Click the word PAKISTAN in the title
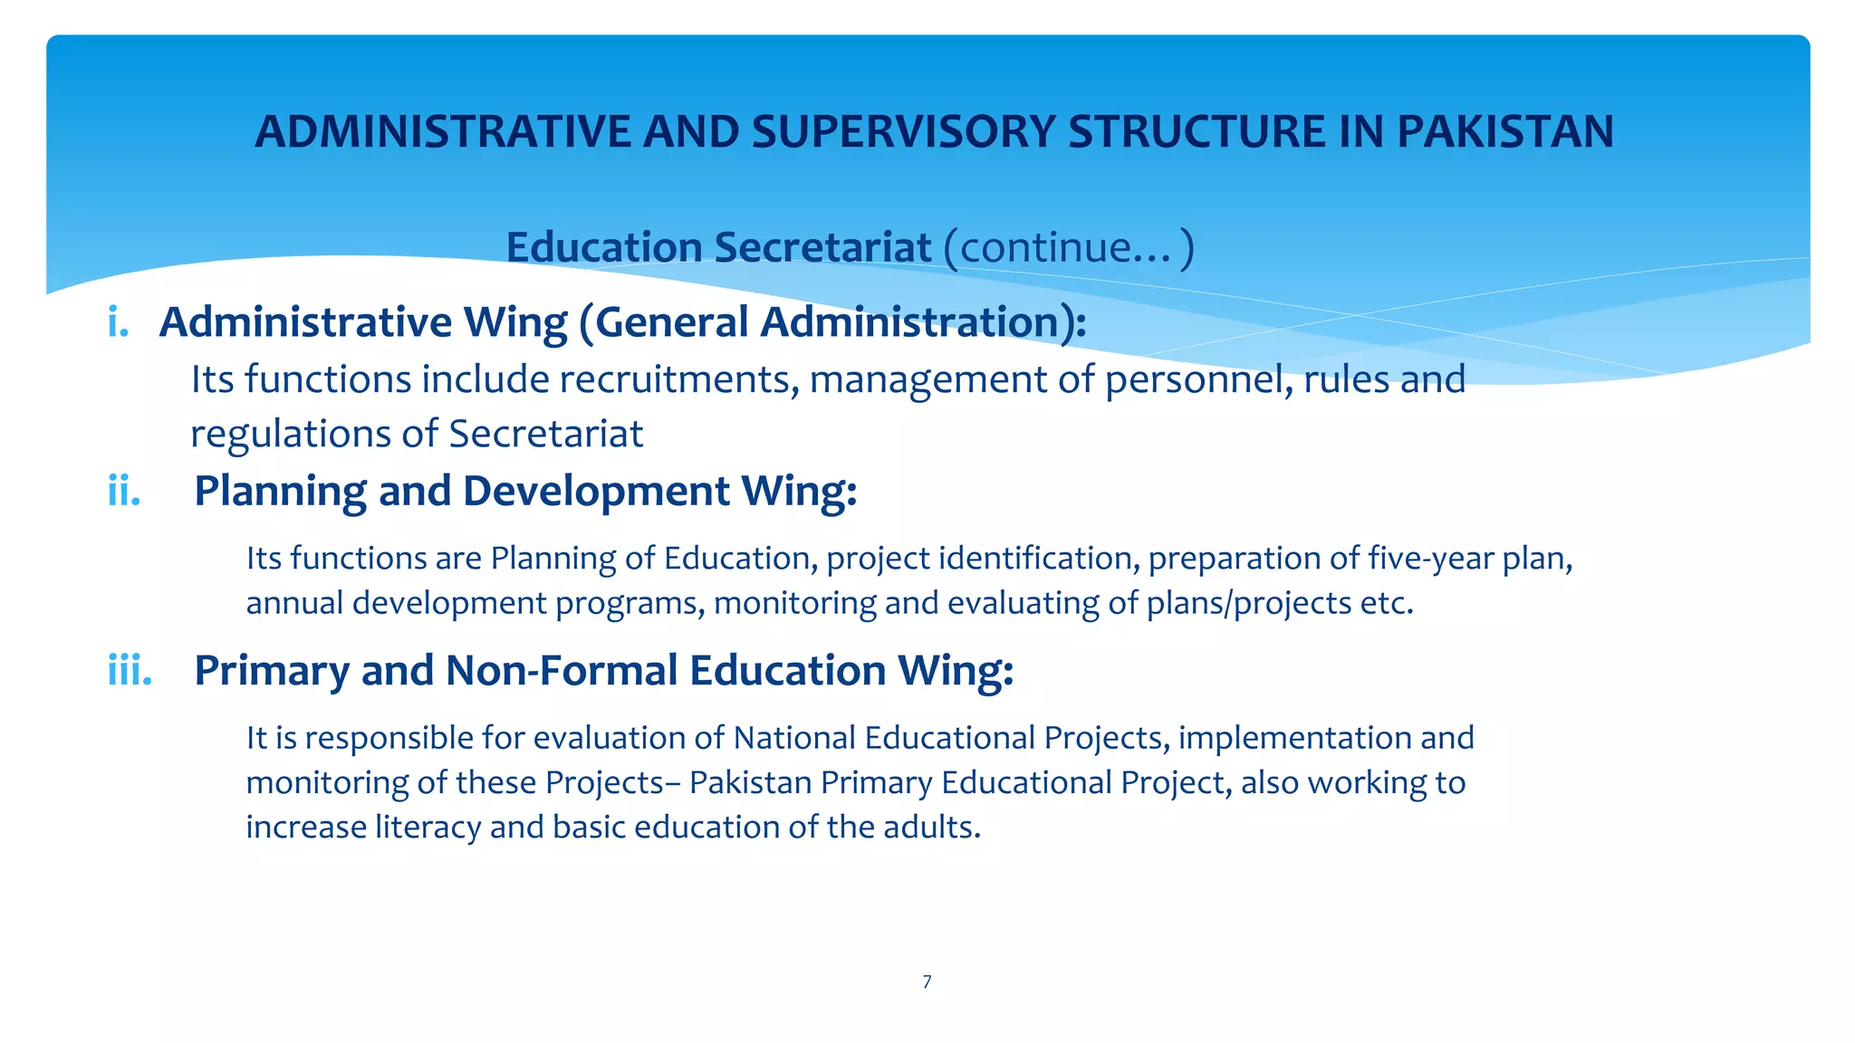(1504, 132)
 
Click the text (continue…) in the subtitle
(1068, 247)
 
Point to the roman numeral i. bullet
(118, 322)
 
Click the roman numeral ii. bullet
(124, 492)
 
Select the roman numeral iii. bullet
(130, 671)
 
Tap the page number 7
(927, 982)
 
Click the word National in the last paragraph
(793, 738)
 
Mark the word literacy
(428, 828)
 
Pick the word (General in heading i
(663, 322)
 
